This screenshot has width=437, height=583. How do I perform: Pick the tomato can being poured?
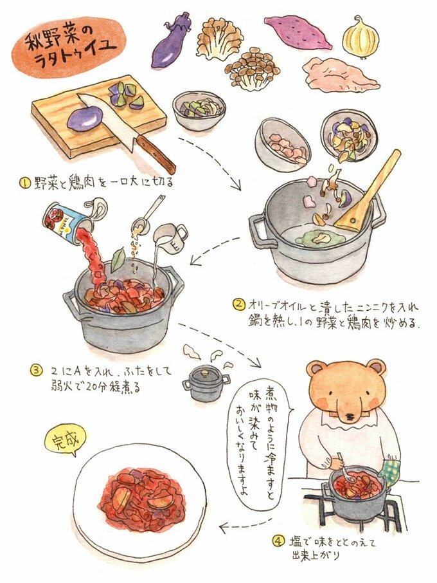click(x=66, y=224)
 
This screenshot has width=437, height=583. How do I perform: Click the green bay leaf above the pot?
click(x=118, y=259)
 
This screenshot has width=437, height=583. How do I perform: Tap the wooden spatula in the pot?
click(x=367, y=192)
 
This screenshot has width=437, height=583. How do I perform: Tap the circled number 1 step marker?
click(x=25, y=183)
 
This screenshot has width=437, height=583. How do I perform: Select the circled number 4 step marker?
click(x=279, y=541)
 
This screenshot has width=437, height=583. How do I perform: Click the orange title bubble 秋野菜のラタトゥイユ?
click(x=69, y=46)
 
